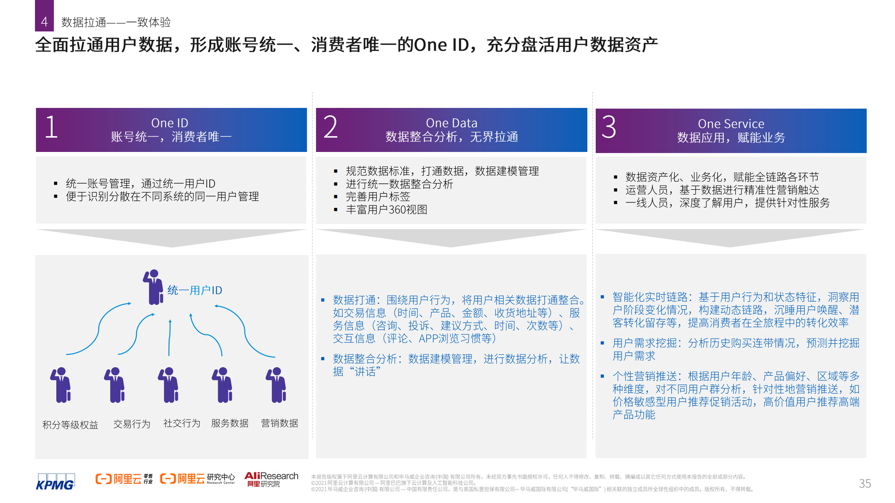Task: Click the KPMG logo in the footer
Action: click(55, 482)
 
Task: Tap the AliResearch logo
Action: click(271, 479)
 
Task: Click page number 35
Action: click(865, 483)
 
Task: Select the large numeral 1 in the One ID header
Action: click(51, 127)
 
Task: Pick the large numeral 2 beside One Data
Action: click(330, 127)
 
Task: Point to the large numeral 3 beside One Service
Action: click(609, 127)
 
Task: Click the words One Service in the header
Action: click(731, 124)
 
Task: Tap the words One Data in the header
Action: click(451, 123)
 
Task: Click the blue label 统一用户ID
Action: click(194, 290)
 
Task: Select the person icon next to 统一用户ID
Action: click(153, 287)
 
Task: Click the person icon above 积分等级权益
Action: click(60, 385)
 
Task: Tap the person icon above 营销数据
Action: click(276, 385)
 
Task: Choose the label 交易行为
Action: click(132, 424)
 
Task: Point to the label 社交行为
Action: click(182, 423)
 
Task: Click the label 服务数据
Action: click(230, 423)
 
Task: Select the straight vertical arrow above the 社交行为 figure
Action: click(169, 338)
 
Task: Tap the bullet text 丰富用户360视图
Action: click(386, 210)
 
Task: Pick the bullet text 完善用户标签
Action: click(378, 197)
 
